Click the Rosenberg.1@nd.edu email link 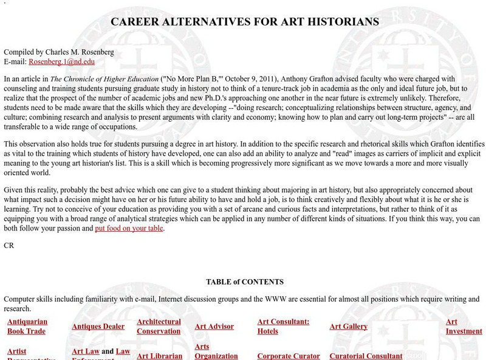click(61, 61)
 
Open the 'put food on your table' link click(129, 229)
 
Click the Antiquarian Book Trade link click(27, 327)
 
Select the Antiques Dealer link click(98, 327)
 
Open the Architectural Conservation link click(159, 327)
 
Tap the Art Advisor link click(214, 327)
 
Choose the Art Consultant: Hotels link click(283, 327)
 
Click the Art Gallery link click(348, 327)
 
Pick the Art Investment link click(464, 327)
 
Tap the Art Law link click(85, 351)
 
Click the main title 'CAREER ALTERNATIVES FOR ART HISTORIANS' click(245, 21)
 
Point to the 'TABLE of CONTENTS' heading click(245, 282)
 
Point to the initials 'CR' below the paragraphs click(9, 246)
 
